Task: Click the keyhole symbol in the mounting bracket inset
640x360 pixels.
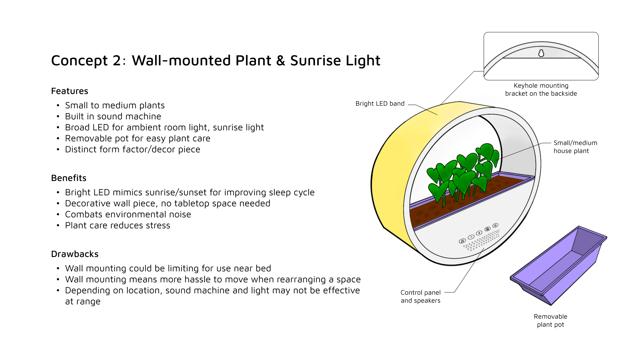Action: (541, 53)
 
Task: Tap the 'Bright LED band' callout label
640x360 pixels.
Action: (380, 104)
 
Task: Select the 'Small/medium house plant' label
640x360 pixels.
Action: (575, 147)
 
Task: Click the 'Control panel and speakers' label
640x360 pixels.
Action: (420, 296)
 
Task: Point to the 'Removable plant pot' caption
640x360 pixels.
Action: (550, 320)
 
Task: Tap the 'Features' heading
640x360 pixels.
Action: (70, 91)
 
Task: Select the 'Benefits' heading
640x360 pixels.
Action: (69, 178)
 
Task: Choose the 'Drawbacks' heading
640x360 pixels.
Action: (75, 254)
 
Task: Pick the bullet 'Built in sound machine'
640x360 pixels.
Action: (113, 116)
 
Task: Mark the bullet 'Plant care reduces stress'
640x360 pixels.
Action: (117, 225)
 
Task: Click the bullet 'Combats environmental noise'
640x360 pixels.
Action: (128, 214)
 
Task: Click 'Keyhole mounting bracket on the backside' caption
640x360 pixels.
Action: (541, 90)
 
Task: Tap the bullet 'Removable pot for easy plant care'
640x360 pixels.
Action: (138, 138)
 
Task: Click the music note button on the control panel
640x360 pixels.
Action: (462, 241)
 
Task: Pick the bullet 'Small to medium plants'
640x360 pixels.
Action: (115, 105)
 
